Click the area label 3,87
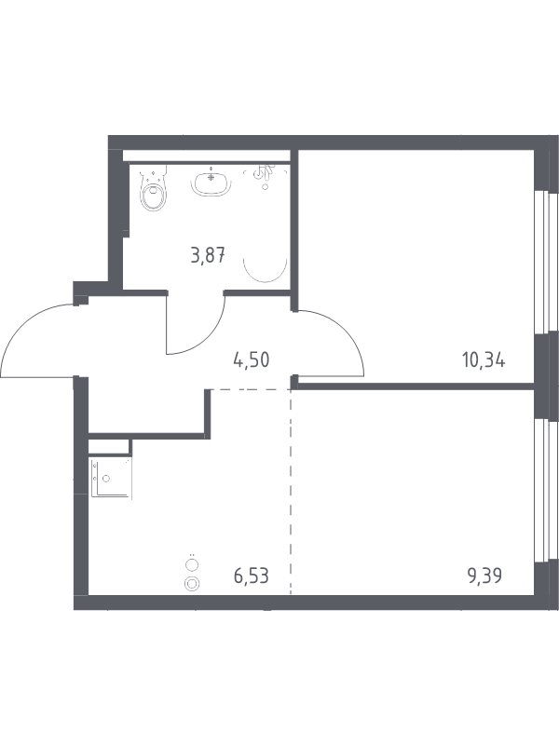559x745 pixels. click(x=207, y=256)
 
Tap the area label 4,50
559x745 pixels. click(x=252, y=359)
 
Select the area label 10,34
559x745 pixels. click(x=484, y=359)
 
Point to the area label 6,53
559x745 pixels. click(x=252, y=576)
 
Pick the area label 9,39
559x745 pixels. click(x=484, y=576)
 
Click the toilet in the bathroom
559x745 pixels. click(x=154, y=189)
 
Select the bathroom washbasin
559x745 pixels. click(x=211, y=183)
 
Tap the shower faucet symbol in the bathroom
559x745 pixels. click(x=262, y=175)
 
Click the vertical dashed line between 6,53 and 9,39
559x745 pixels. click(x=291, y=492)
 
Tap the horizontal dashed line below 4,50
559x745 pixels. click(x=251, y=389)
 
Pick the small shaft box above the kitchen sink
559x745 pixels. click(x=110, y=447)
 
